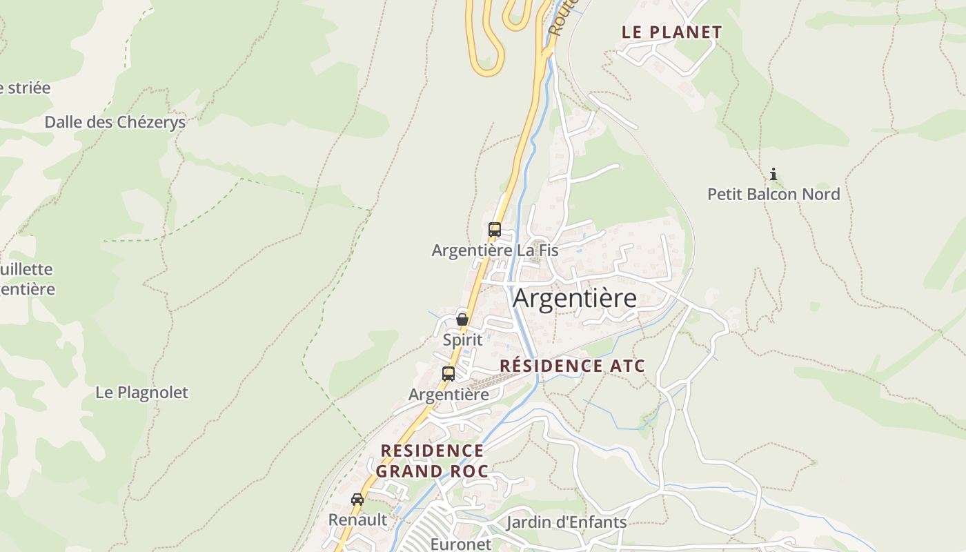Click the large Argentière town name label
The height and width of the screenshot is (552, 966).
click(575, 299)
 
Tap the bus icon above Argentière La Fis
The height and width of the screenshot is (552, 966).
click(494, 230)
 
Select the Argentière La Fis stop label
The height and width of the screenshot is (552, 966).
click(495, 250)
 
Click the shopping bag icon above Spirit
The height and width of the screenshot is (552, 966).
click(462, 319)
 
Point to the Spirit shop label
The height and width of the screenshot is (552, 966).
click(462, 340)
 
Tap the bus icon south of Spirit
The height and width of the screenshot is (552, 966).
click(448, 374)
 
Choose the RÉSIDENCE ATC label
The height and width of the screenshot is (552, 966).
click(572, 366)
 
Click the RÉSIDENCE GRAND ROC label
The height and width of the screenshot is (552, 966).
click(432, 461)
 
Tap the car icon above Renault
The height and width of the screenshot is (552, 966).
click(357, 499)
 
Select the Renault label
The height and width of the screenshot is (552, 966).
click(357, 520)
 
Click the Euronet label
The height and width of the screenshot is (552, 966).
click(461, 544)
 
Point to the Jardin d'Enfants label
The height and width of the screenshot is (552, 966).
click(566, 522)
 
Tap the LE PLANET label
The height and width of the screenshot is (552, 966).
click(671, 32)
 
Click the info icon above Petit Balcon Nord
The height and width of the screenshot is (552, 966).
click(773, 174)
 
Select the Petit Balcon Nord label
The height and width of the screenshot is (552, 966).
click(773, 195)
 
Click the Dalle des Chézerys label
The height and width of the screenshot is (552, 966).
click(115, 122)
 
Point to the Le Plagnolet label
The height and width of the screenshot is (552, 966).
click(141, 393)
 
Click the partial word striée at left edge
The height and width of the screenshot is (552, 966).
click(26, 88)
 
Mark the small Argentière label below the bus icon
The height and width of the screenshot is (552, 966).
click(448, 395)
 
